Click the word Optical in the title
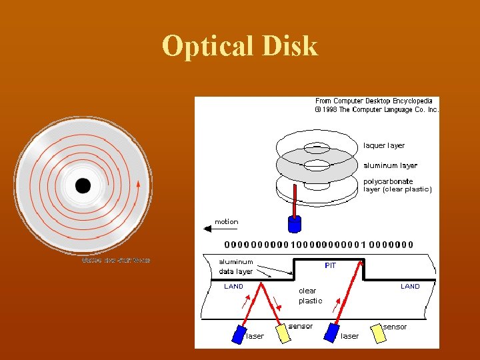[x=204, y=47]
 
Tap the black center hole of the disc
[x=83, y=186]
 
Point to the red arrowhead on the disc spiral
[x=138, y=183]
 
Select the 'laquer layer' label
[x=384, y=145]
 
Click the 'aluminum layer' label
[x=390, y=165]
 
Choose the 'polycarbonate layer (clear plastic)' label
[x=397, y=185]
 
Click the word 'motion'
[x=226, y=221]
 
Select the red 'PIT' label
[x=331, y=266]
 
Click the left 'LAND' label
[x=233, y=286]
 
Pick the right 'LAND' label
[x=410, y=286]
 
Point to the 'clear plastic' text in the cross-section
[x=309, y=296]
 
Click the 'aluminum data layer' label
[x=236, y=267]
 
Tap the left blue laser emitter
[x=239, y=334]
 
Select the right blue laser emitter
[x=331, y=334]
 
